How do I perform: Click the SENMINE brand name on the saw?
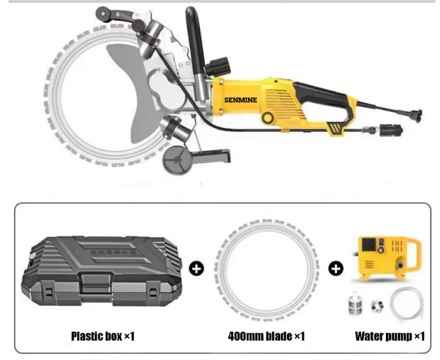[x=241, y=100]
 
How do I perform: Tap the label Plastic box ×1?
[x=103, y=336]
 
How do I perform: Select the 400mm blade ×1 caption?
[x=266, y=336]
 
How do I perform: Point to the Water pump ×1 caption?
[x=390, y=336]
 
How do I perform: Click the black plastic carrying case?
[x=100, y=271]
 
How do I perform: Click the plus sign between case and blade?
[x=197, y=269]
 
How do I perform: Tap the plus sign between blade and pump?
[x=336, y=269]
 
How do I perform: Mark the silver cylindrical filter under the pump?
[x=354, y=306]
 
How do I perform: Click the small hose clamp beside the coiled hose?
[x=377, y=307]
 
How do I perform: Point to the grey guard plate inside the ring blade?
[x=125, y=95]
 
